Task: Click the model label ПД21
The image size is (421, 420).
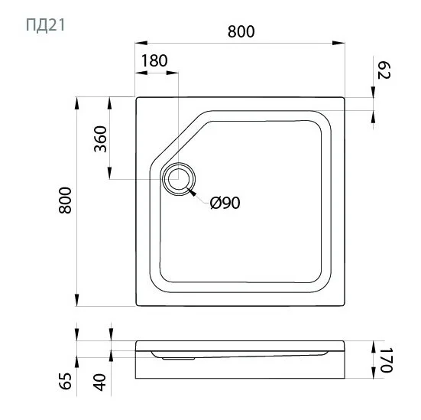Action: [x=45, y=25]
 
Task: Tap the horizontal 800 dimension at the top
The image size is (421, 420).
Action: [x=241, y=31]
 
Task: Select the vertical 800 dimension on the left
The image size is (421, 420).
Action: [x=65, y=200]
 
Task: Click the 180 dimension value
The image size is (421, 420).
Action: [x=154, y=60]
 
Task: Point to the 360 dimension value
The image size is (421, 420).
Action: [x=100, y=138]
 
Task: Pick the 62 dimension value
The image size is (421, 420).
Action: [x=384, y=70]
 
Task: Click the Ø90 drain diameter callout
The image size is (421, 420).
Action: [x=225, y=203]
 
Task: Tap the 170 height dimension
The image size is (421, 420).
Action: [x=387, y=360]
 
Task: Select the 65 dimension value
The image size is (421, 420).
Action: [x=66, y=381]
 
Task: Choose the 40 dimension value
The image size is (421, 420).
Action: [x=99, y=382]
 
